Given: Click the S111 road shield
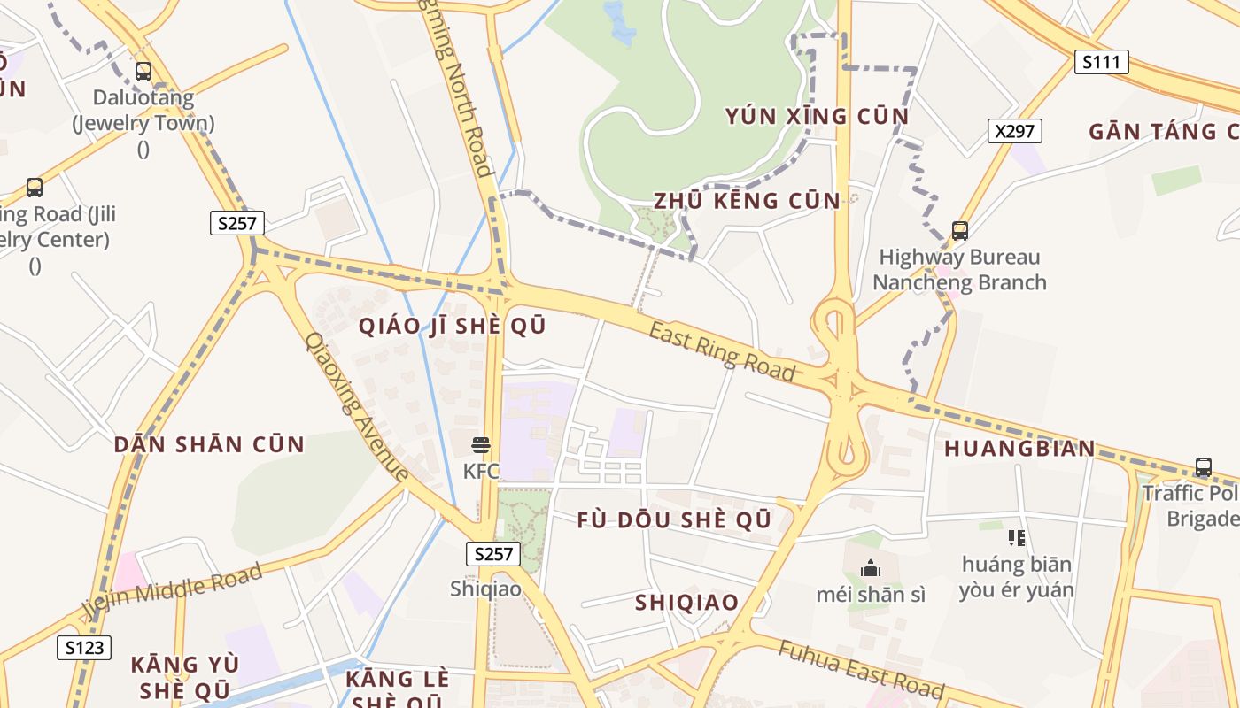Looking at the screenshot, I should tap(1102, 62).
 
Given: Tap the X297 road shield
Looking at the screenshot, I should tap(1014, 131).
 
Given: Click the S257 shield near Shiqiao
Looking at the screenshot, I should tap(493, 554).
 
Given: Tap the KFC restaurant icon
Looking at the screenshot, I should tap(481, 444).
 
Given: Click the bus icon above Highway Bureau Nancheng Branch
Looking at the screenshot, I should tap(959, 231).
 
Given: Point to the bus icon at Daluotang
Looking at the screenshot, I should tap(143, 72).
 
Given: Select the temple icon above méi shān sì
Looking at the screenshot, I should tap(871, 568).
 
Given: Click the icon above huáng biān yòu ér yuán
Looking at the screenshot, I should tap(1016, 537).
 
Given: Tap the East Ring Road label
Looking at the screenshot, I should tap(722, 350).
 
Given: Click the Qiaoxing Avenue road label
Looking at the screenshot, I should tap(356, 406).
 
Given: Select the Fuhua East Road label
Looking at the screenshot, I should tap(861, 668).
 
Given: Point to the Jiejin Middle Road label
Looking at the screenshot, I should tap(173, 590).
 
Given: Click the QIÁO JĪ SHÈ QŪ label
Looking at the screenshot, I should tap(452, 326).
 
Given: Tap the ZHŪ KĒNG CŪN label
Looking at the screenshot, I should tap(747, 201).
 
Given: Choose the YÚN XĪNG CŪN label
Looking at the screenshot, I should tap(817, 117).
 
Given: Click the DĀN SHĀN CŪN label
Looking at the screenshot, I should tap(209, 444).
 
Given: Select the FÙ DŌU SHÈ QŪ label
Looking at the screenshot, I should tap(674, 519).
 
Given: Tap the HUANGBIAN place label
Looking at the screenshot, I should tap(1019, 448).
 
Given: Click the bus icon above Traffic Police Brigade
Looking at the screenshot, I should tap(1203, 466).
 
